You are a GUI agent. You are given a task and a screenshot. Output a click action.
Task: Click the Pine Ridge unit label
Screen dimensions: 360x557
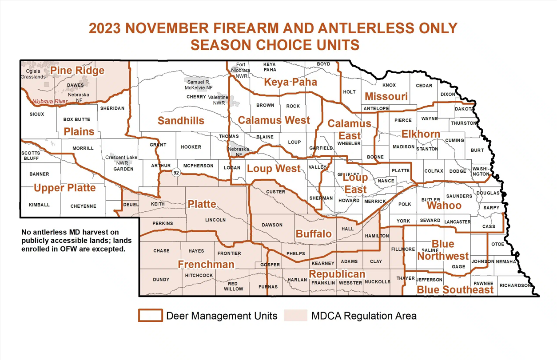point(77,71)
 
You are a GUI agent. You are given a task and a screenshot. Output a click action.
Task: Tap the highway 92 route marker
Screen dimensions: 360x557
point(176,173)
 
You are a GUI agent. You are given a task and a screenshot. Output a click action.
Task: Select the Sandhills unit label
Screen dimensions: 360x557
point(181,121)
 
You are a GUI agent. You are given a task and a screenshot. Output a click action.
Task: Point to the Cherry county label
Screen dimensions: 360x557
point(196,97)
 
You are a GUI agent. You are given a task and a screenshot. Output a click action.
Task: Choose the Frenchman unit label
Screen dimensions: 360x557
point(206,265)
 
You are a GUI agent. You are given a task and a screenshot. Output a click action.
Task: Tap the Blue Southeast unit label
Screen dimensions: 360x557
point(455,290)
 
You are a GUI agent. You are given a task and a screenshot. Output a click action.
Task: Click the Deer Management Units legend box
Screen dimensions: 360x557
point(150,316)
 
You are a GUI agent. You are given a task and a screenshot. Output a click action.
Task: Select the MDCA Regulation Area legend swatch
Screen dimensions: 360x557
point(296,316)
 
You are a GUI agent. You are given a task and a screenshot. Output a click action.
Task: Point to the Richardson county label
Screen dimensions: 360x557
point(514,285)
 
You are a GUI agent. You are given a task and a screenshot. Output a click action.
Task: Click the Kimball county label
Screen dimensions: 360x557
point(39,205)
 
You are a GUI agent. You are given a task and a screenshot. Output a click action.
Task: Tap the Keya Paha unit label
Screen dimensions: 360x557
point(290,82)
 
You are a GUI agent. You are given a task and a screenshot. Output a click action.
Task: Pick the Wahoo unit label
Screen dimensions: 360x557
point(444,206)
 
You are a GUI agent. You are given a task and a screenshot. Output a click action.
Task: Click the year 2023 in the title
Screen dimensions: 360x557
point(105,28)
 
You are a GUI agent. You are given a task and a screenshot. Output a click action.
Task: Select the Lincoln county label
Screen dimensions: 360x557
point(215,220)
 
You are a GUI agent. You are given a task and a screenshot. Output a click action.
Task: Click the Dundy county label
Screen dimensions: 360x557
point(161,280)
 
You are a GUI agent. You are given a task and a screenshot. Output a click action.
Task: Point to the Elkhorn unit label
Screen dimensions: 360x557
point(421,134)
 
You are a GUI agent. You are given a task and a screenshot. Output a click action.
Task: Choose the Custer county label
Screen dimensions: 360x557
point(275,192)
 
